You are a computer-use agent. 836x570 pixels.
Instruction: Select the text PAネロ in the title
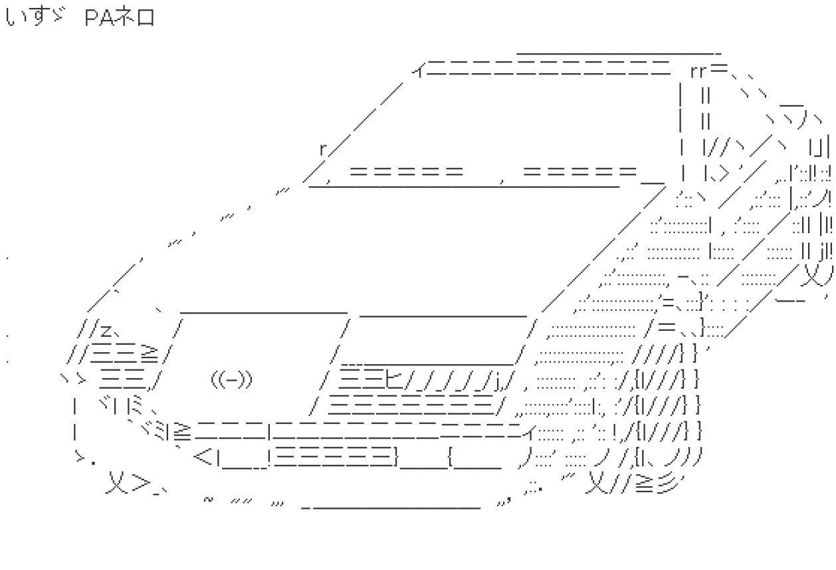(x=120, y=17)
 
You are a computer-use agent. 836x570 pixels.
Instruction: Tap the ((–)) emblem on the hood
(x=232, y=380)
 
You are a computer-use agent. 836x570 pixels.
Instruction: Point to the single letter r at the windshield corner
(x=323, y=149)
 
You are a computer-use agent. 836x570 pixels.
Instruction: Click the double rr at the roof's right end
(x=698, y=72)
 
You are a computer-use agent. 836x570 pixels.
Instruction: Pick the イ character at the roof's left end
(x=419, y=70)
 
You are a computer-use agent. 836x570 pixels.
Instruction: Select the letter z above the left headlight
(x=106, y=330)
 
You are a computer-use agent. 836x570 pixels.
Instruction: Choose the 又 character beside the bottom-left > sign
(x=117, y=482)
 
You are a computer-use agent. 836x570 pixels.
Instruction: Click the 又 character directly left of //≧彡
(x=597, y=482)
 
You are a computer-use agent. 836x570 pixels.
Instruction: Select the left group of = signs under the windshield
(x=407, y=171)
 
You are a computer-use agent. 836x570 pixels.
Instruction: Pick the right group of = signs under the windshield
(x=580, y=171)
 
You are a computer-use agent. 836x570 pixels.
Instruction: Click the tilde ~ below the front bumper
(x=208, y=499)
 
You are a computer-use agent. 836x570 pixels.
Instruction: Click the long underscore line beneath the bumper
(x=391, y=508)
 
